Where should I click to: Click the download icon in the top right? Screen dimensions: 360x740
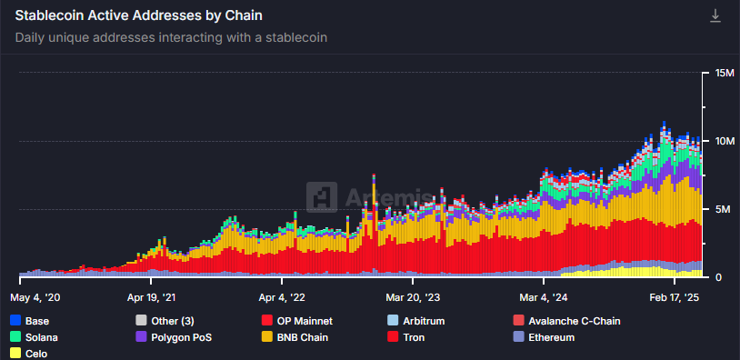(715, 16)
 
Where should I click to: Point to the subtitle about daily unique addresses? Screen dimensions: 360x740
(171, 38)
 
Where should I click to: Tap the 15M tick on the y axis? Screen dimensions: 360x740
(725, 73)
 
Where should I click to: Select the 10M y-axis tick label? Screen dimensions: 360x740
(725, 141)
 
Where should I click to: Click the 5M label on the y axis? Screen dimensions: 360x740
(724, 209)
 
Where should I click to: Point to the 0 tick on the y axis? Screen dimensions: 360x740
(719, 277)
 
